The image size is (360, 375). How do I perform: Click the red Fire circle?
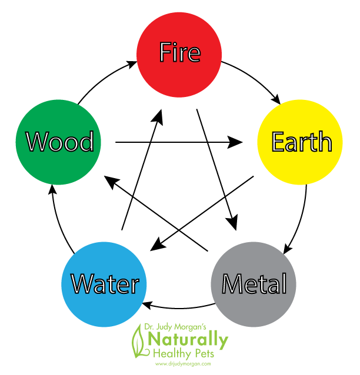[x=179, y=53]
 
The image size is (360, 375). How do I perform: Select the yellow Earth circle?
[x=300, y=142]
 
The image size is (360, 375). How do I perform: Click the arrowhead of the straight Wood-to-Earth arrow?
[x=236, y=142]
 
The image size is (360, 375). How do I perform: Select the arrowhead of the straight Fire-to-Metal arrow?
[x=234, y=223]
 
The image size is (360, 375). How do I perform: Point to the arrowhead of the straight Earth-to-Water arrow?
[x=154, y=246]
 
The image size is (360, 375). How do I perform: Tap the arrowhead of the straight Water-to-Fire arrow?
[x=158, y=116]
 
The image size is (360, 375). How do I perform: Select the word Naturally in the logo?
[x=188, y=340]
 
